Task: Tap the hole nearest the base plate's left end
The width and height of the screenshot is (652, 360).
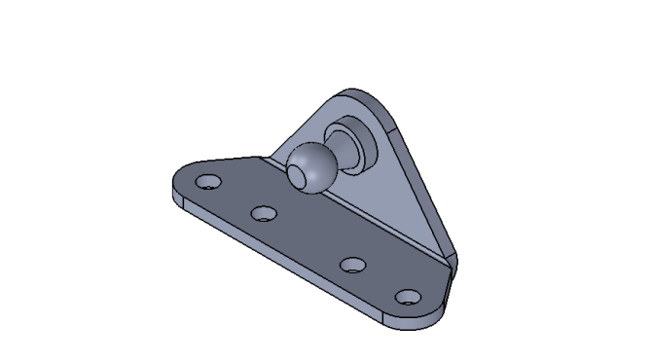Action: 207,182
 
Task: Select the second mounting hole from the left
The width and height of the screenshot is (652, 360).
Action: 263,212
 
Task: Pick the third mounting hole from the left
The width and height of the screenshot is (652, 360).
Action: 354,264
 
